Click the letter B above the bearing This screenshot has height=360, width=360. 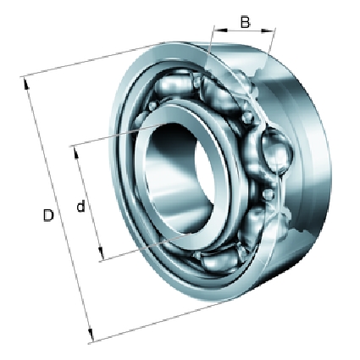tap(245, 22)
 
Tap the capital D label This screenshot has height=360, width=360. tap(48, 215)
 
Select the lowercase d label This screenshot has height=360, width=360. tap(80, 206)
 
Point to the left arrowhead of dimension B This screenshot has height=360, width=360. tap(221, 30)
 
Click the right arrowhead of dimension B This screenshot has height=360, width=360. tap(269, 30)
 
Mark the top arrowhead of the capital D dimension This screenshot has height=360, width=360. tap(26, 83)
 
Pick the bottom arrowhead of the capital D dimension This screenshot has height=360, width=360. tap(91, 335)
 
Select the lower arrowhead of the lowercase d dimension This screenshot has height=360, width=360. tap(101, 253)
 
